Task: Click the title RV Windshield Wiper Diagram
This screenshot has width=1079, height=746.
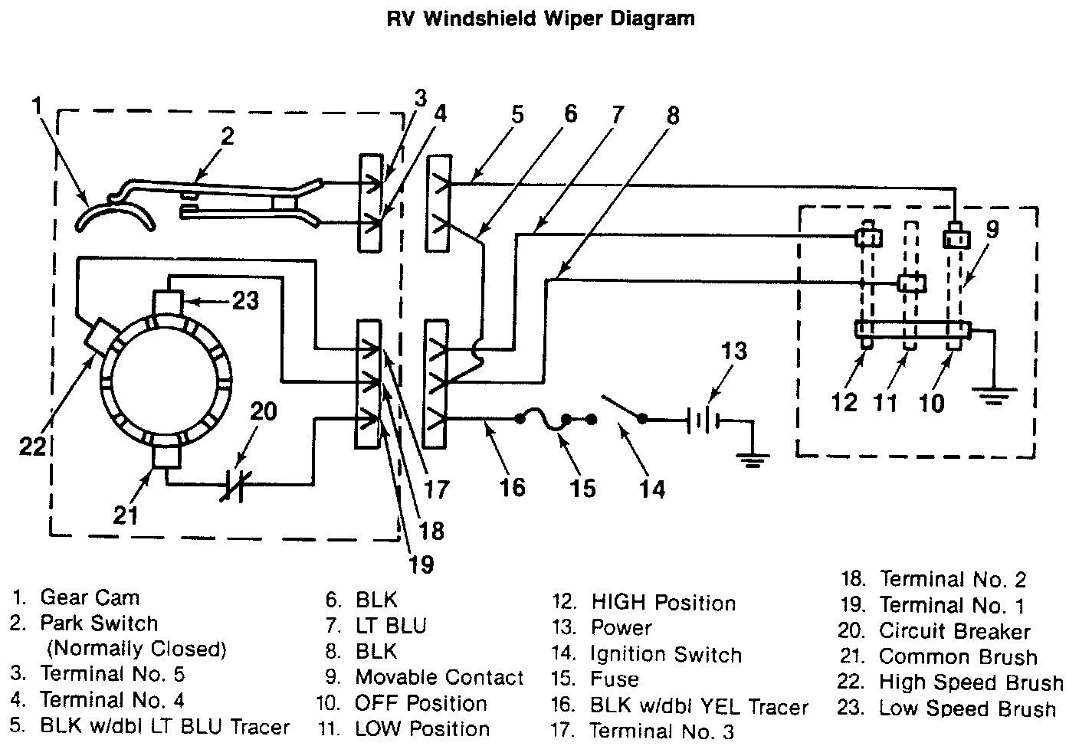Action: point(540,19)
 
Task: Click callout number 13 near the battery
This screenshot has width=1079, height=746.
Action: point(733,351)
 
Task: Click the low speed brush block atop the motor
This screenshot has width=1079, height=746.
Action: point(168,303)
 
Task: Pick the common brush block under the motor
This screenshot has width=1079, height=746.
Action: point(166,455)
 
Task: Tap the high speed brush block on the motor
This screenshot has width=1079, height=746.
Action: point(102,339)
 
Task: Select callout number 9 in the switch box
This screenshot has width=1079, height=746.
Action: point(992,230)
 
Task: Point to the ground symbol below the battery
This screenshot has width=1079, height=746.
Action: point(752,460)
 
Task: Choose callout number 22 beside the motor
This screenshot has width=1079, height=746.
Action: point(32,447)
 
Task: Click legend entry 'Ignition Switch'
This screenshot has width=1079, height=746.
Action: point(666,655)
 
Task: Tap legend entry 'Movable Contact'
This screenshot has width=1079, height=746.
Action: point(439,677)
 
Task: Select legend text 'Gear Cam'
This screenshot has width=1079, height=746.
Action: point(90,597)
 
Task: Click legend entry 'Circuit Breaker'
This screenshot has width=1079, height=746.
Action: point(954,631)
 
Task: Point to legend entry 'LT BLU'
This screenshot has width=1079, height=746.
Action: point(391,626)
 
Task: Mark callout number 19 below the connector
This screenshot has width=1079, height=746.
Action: point(421,564)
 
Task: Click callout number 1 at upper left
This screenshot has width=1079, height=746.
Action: point(37,106)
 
